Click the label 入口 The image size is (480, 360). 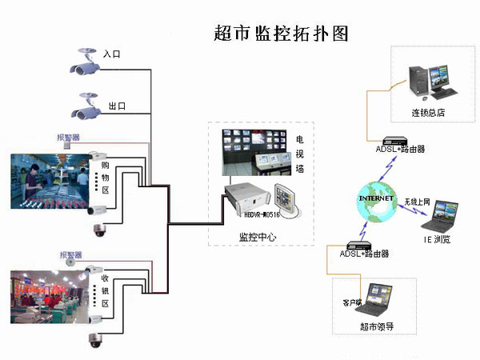coord(113,54)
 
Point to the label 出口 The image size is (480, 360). coord(117,106)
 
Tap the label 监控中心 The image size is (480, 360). coord(258,236)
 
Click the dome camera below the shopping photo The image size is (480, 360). coord(100,230)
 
